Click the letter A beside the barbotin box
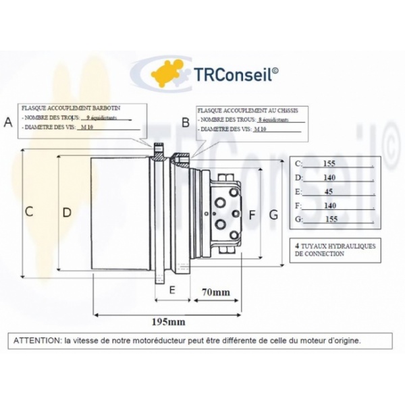point(8,122)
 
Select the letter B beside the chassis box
point(185,122)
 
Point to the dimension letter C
point(29,211)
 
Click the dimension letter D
point(67,211)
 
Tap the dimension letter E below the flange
point(172,290)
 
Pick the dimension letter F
point(252,215)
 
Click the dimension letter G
point(273,215)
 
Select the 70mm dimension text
point(216,292)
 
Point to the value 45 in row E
point(329,191)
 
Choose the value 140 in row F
point(329,205)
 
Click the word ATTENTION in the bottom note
point(36,340)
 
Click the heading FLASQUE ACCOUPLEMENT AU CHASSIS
point(246,109)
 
